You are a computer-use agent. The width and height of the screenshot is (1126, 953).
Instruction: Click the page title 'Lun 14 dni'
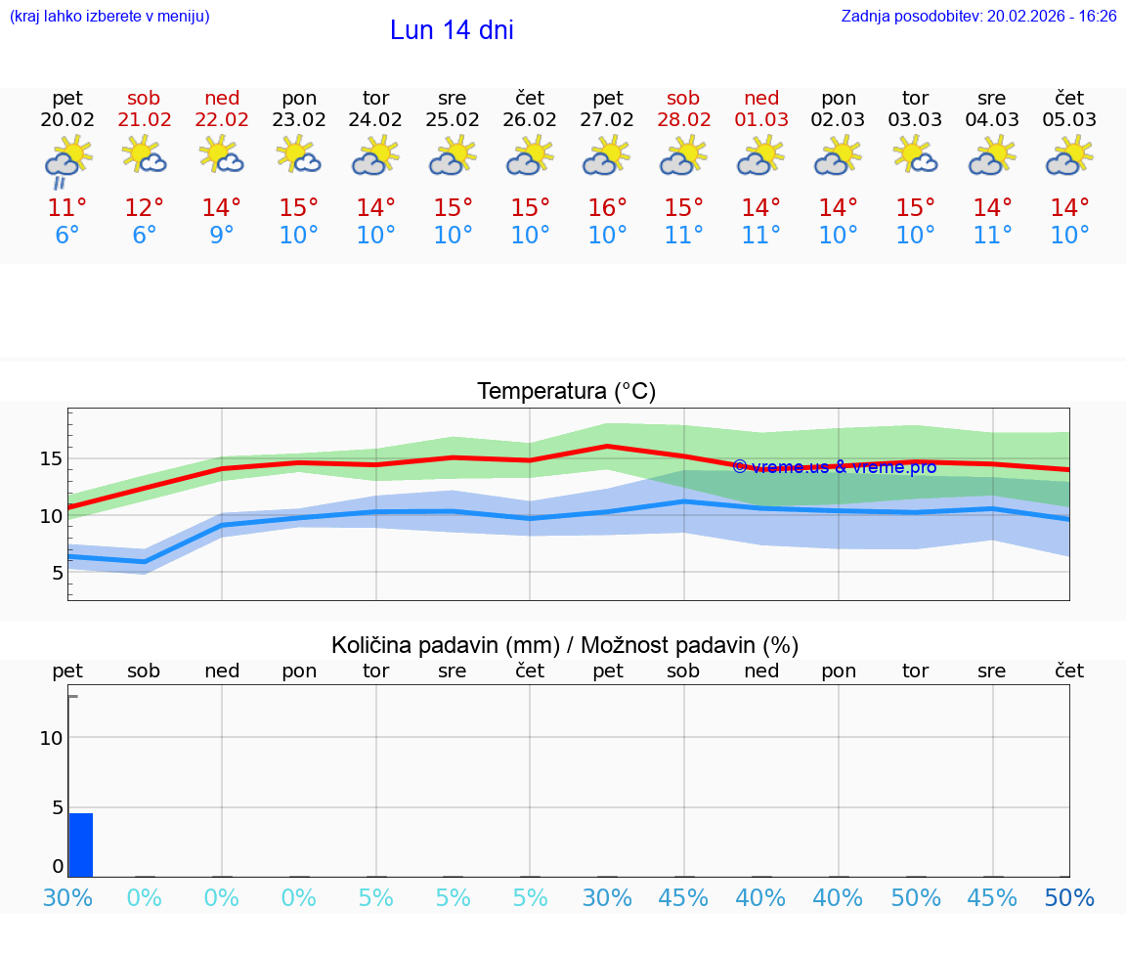tap(452, 30)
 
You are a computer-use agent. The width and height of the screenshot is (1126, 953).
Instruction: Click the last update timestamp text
tap(978, 17)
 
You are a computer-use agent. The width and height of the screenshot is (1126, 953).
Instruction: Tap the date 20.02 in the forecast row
tap(67, 120)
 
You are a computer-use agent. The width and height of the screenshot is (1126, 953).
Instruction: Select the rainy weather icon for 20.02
tap(67, 160)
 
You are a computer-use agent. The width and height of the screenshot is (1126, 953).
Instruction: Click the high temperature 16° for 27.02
tap(608, 208)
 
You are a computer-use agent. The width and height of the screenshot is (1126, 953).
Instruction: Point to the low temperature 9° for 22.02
tap(222, 236)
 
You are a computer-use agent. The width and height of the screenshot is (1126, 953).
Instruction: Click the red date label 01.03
tap(761, 120)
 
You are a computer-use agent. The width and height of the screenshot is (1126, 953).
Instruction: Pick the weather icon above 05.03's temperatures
tap(1069, 156)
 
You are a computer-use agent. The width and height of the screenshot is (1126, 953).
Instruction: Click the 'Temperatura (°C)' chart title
tap(566, 392)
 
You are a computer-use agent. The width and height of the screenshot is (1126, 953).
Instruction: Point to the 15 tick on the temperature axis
tap(51, 459)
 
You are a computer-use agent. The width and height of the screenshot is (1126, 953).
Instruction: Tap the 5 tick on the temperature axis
tap(58, 573)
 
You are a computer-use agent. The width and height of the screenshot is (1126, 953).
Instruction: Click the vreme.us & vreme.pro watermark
tap(834, 467)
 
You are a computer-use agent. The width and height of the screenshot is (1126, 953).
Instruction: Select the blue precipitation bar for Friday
tap(80, 845)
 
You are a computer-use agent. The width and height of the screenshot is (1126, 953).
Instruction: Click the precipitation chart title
tap(565, 645)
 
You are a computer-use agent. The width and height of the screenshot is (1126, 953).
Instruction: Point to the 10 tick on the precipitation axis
tap(51, 738)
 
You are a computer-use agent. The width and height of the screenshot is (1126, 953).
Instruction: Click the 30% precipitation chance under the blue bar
tap(67, 898)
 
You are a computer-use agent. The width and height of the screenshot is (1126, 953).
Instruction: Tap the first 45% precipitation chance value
tap(684, 898)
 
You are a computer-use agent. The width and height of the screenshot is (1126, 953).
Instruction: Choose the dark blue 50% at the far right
tap(1069, 898)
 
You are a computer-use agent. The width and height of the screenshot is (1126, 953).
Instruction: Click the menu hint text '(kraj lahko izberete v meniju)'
tap(109, 17)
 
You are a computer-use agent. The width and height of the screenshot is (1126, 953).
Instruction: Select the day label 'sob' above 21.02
tap(144, 98)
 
